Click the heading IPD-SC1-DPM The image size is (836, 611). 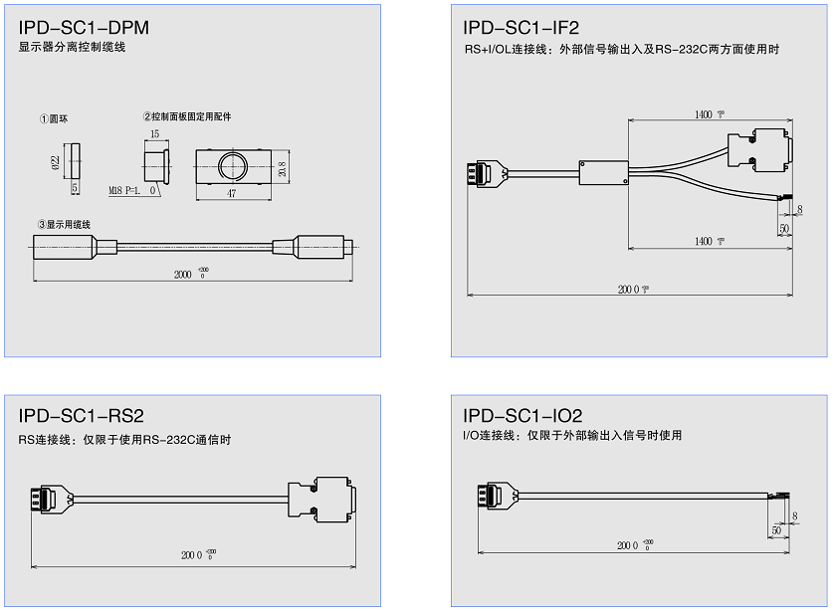pos(84,28)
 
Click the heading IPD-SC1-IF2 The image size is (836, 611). pos(522,28)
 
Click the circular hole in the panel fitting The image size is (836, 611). pos(232,165)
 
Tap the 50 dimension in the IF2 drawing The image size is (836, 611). pos(784,229)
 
